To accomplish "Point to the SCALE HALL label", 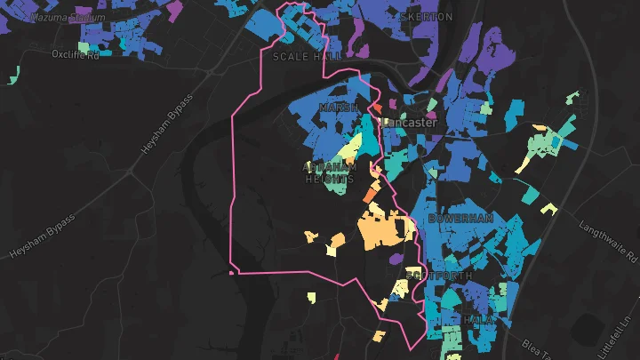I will (307, 56).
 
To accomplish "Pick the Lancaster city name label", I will (410, 123).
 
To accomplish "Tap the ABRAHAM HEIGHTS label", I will (331, 172).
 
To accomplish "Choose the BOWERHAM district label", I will (460, 218).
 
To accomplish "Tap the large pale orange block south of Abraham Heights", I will (383, 228).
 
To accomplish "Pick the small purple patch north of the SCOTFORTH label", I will (396, 259).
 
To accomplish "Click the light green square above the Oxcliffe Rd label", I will (83, 46).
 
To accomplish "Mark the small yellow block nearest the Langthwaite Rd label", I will (548, 210).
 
